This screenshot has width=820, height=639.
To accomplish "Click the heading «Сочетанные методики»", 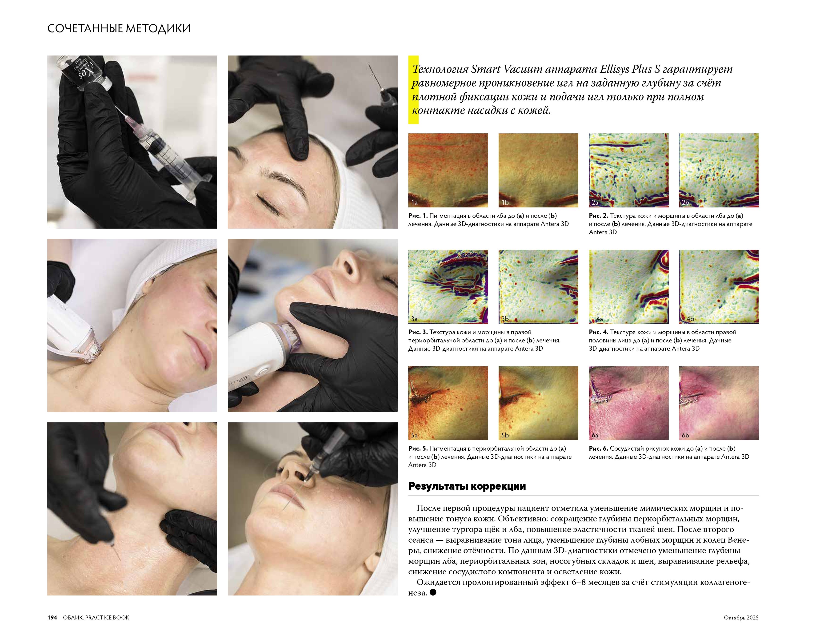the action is [119, 28].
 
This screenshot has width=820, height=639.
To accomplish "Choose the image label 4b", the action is [690, 319].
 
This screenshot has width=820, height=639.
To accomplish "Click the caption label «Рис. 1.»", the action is [418, 216].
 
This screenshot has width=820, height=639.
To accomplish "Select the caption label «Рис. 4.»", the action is [599, 332].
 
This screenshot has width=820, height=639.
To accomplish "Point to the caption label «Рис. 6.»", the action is [599, 448].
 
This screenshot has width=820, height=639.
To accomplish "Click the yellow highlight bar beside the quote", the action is [413, 90].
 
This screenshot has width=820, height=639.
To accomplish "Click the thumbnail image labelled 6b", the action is [719, 403].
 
